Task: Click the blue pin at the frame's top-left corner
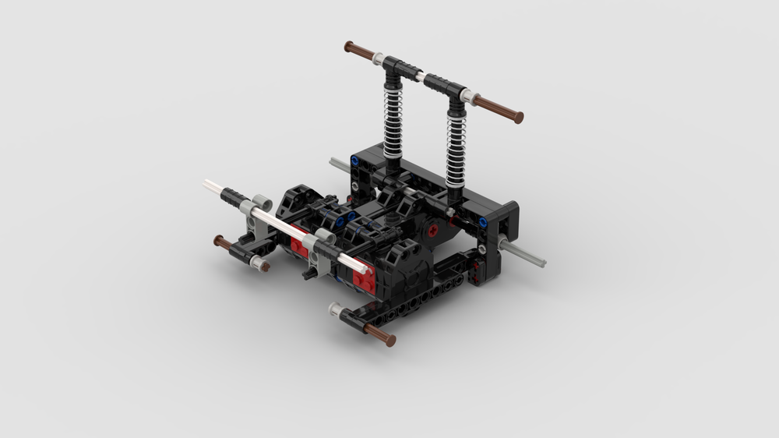click(x=355, y=162)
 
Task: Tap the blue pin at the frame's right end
click(x=483, y=223)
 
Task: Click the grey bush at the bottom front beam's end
click(x=336, y=310)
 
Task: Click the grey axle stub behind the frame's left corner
click(x=338, y=164)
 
